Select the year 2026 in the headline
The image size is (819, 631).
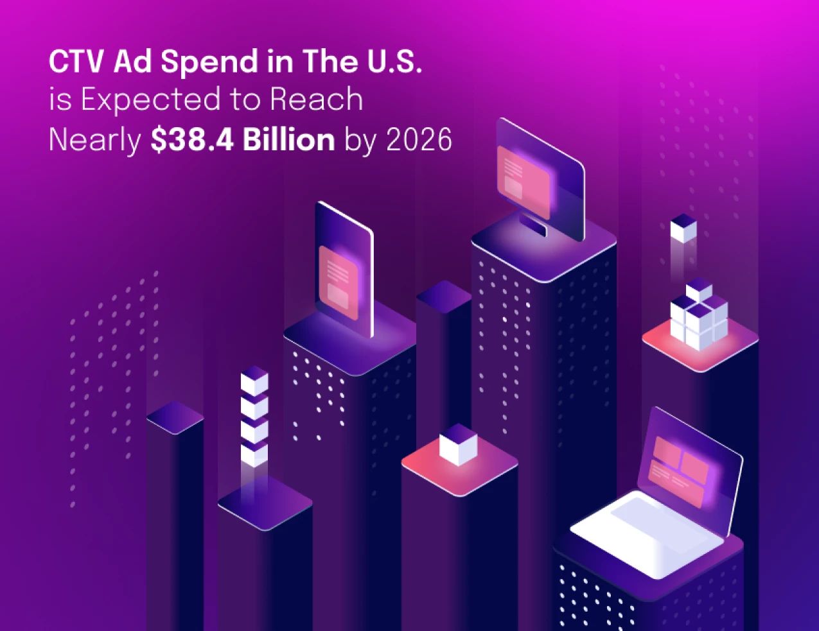tap(419, 140)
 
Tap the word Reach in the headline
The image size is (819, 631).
tap(317, 100)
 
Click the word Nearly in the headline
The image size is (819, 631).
tap(95, 141)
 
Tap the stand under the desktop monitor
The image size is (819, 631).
tap(533, 225)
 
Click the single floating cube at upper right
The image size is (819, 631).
tap(683, 229)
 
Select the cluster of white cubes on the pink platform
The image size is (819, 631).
tap(698, 317)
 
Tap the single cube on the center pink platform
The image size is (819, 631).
tap(458, 444)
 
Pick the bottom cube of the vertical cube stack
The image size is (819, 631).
tap(254, 454)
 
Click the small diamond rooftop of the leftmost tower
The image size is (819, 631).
tap(175, 417)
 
